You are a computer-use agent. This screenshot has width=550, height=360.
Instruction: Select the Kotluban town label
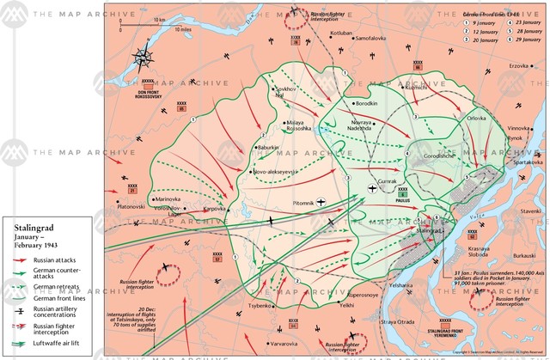[318, 34]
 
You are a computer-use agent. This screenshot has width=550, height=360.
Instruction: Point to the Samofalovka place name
[374, 39]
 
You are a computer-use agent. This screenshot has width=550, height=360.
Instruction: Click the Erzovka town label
[518, 66]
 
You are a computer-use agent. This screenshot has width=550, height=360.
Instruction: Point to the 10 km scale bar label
[160, 18]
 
